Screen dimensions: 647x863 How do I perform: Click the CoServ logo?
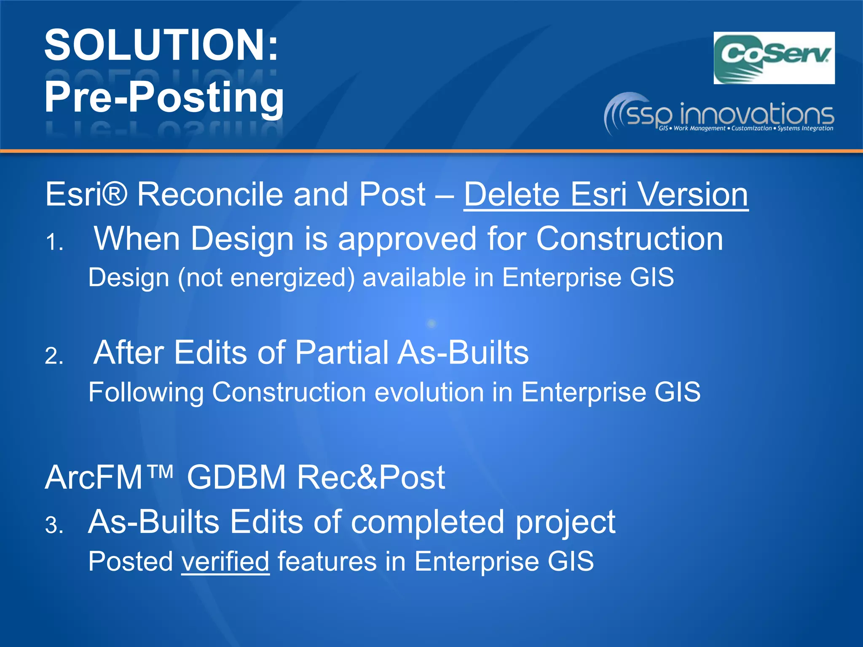click(x=774, y=58)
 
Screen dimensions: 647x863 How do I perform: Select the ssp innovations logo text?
click(x=729, y=115)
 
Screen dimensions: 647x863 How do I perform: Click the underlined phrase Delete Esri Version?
click(x=606, y=195)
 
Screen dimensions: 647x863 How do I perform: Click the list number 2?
click(x=54, y=356)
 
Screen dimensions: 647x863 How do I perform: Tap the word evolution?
click(x=429, y=392)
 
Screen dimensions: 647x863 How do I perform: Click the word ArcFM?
click(x=94, y=478)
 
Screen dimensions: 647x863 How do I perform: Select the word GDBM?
click(x=236, y=478)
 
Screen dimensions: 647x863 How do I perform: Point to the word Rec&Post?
click(x=371, y=478)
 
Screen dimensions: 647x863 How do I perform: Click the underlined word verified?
click(x=225, y=561)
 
